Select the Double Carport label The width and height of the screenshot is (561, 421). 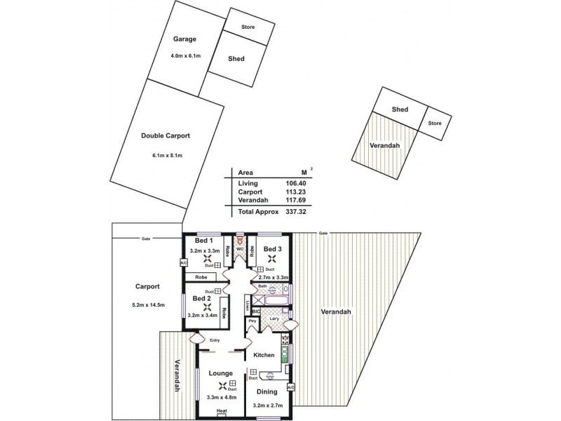coord(165,136)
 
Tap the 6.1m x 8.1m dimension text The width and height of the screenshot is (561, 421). coord(165,155)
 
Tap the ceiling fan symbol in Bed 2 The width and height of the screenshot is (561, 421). coord(206,307)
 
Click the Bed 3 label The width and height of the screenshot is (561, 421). coord(273,248)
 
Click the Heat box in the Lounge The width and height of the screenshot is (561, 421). coord(222,410)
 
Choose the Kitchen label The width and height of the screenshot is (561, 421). coord(264,355)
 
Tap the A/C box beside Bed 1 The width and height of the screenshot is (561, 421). coord(184,263)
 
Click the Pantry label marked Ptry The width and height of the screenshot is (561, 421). coord(251,322)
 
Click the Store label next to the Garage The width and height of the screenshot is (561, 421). coord(248,27)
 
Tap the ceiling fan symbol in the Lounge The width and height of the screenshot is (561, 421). coord(223,386)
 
